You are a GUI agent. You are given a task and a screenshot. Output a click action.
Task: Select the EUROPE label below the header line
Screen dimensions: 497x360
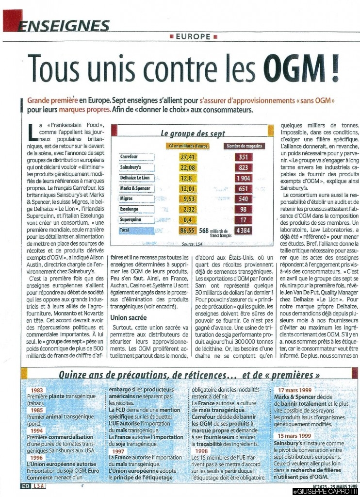(x=192, y=36)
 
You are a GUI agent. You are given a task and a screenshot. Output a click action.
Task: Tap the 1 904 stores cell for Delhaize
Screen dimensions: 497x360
(x=243, y=178)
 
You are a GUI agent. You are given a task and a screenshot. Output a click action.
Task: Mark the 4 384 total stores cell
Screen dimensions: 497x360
(x=243, y=231)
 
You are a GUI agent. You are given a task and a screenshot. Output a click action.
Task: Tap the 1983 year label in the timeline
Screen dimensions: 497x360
(x=37, y=390)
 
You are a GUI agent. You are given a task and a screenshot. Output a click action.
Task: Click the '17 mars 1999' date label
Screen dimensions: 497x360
(x=295, y=390)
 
